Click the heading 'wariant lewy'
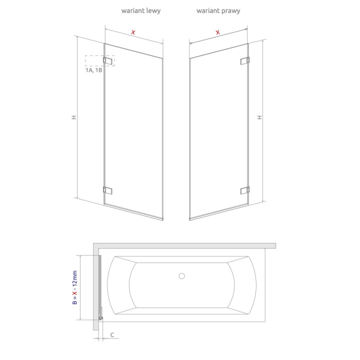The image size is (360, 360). coord(140,11)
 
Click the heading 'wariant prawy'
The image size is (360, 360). coord(218,11)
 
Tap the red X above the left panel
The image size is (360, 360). coord(133,32)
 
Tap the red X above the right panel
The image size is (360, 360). coord(217,32)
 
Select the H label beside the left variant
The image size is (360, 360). coord(73,117)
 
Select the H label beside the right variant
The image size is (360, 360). coord(259,117)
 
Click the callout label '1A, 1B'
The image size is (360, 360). coord(94,70)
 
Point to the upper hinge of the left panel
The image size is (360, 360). coord(107,60)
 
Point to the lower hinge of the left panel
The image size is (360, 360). coord(107,190)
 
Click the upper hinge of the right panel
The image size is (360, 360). coord(244,60)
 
